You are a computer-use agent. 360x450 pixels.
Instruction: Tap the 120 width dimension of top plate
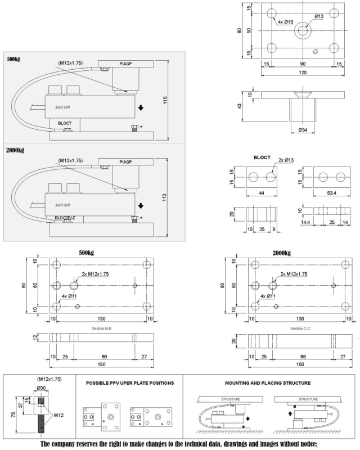(303, 72)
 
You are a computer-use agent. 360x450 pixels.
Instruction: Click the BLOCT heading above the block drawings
(263, 159)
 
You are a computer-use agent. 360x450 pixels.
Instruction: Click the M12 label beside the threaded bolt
(58, 415)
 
